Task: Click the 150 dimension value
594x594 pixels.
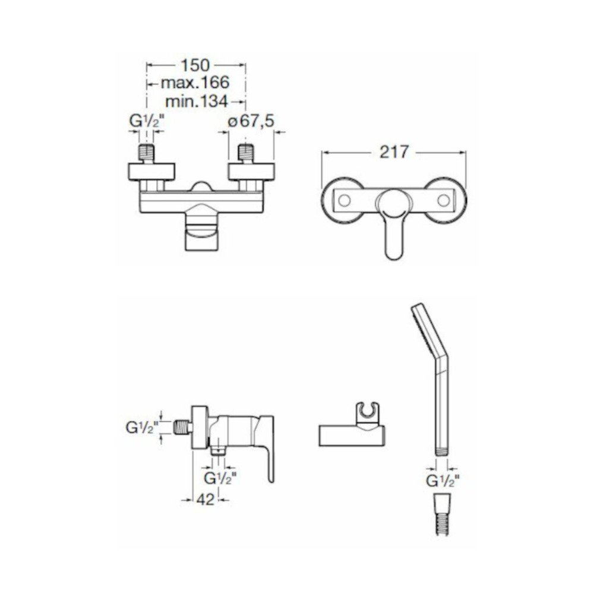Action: click(195, 65)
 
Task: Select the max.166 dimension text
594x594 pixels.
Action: click(195, 83)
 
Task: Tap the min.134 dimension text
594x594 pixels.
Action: click(197, 101)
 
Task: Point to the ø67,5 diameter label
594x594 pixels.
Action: click(251, 121)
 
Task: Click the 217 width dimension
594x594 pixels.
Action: click(394, 152)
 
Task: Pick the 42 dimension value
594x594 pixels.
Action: click(206, 500)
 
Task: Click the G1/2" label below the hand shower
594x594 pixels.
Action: click(443, 481)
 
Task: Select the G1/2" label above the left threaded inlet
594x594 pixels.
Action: click(147, 121)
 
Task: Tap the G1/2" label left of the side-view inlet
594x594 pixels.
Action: click(142, 428)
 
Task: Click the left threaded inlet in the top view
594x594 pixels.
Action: click(147, 153)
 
